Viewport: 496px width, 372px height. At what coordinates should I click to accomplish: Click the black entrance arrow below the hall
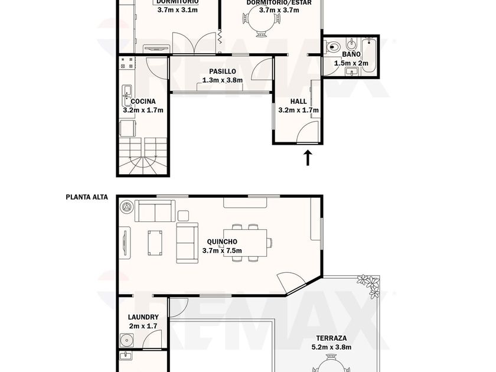(x=308, y=158)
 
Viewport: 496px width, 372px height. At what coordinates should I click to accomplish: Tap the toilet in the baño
(x=332, y=47)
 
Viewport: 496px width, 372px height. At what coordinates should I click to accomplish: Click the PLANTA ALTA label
(x=87, y=197)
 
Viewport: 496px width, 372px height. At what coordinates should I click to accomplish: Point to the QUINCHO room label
(x=222, y=242)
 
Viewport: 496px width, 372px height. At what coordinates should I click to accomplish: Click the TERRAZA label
(x=331, y=338)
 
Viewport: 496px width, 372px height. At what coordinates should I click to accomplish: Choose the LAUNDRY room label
(x=143, y=317)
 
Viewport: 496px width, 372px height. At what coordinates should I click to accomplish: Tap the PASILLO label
(x=223, y=71)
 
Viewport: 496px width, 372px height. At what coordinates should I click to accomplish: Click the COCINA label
(x=143, y=102)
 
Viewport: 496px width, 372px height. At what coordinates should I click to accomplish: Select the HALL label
(x=299, y=102)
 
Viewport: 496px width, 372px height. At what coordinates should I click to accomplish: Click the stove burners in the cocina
(x=127, y=63)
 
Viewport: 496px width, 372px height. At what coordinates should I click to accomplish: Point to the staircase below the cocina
(x=143, y=156)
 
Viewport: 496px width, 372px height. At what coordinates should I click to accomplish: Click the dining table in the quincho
(x=245, y=243)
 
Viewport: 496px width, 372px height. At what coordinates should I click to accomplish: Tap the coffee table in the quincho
(x=155, y=243)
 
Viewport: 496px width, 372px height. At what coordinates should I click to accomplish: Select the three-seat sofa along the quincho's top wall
(x=155, y=211)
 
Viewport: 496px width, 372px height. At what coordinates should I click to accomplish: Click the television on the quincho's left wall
(x=125, y=243)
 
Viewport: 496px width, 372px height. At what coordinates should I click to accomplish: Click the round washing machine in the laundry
(x=126, y=341)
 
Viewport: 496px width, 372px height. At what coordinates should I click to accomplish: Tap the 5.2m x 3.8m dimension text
(x=331, y=347)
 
